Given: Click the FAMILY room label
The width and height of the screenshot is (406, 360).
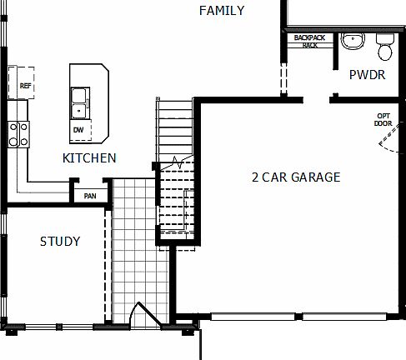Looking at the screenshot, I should (223, 11).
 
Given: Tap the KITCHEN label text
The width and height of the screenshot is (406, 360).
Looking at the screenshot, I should (89, 157).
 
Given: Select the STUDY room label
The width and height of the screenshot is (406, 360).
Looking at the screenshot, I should (60, 242).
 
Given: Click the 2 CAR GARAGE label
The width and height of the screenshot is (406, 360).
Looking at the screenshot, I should (295, 177).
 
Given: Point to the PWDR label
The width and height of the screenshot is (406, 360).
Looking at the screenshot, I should (366, 74).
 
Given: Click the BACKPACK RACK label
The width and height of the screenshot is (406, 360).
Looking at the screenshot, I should (310, 42).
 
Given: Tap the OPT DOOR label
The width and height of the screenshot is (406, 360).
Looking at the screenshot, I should (383, 120).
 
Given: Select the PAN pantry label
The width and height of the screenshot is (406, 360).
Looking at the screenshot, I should (89, 197).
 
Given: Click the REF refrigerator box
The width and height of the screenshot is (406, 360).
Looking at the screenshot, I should (22, 82).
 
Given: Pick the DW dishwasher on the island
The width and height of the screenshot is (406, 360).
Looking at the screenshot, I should (78, 130).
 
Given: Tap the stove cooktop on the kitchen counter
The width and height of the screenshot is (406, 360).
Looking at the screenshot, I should (18, 133).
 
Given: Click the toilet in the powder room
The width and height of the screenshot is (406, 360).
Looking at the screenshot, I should (384, 50).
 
